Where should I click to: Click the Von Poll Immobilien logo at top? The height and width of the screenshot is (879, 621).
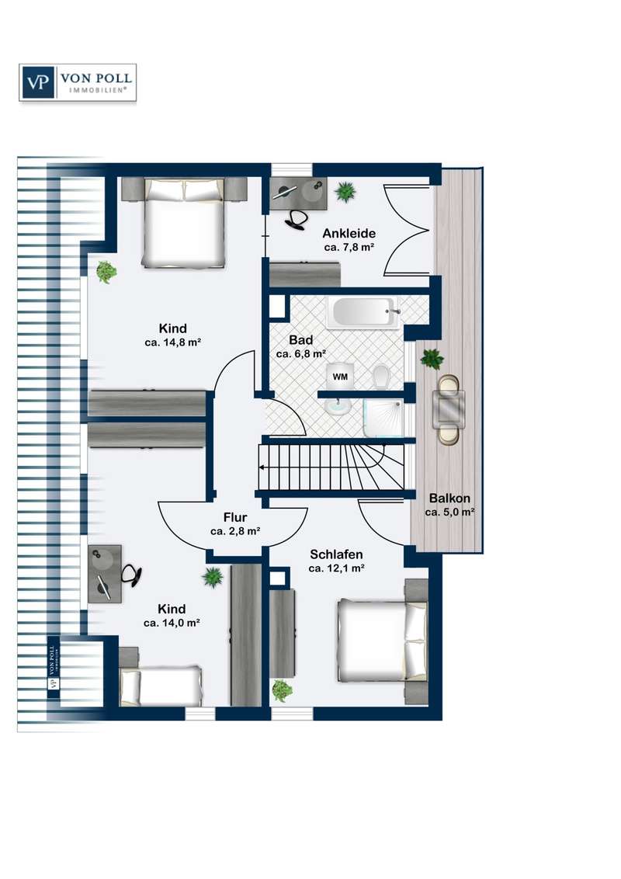[x=78, y=82]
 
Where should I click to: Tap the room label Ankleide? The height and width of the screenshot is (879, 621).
[x=349, y=233]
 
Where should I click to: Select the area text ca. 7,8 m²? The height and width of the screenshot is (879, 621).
[x=349, y=247]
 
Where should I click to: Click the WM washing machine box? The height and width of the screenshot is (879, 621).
[x=340, y=377]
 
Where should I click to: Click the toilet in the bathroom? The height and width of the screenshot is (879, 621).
[x=381, y=376]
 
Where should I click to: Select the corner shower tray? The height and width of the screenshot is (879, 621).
[x=383, y=418]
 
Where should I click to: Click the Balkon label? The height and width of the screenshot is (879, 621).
[x=449, y=498]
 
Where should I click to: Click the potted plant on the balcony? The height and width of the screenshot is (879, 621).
[x=432, y=358]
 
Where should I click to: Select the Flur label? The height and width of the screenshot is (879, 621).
[x=235, y=517]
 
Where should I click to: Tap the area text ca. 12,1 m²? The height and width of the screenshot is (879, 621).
[x=336, y=568]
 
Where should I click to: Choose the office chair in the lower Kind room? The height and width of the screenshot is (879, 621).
[x=132, y=575]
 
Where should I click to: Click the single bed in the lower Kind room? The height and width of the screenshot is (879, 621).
[x=160, y=686]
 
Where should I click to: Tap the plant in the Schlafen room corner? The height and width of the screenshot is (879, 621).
[x=282, y=690]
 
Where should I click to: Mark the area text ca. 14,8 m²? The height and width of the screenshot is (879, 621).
[x=172, y=342]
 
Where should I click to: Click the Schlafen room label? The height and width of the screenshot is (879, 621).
[x=336, y=554]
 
